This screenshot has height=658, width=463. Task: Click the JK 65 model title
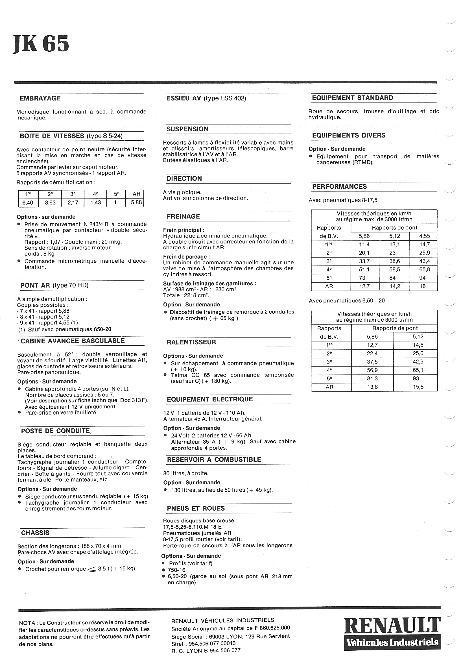pos(41,43)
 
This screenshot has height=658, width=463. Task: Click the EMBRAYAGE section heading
pos(40,98)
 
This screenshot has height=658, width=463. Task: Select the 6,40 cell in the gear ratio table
pos(26,202)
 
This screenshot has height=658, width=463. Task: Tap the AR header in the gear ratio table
pos(136,194)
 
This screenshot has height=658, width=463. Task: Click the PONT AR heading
pos(54,285)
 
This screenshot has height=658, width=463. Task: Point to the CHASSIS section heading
pos(35,533)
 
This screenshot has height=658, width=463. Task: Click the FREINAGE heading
pos(184,216)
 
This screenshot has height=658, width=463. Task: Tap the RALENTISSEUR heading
pos(191,342)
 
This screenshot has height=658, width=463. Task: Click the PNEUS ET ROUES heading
pos(196,508)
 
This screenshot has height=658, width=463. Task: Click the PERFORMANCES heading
pos(340,186)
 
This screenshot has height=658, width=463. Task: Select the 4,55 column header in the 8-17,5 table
pos(423,236)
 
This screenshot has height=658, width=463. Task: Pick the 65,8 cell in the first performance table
pos(423,269)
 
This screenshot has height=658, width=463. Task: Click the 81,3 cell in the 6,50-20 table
pos(372,379)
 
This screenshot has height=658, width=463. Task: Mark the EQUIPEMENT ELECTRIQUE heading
pos(210,399)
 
